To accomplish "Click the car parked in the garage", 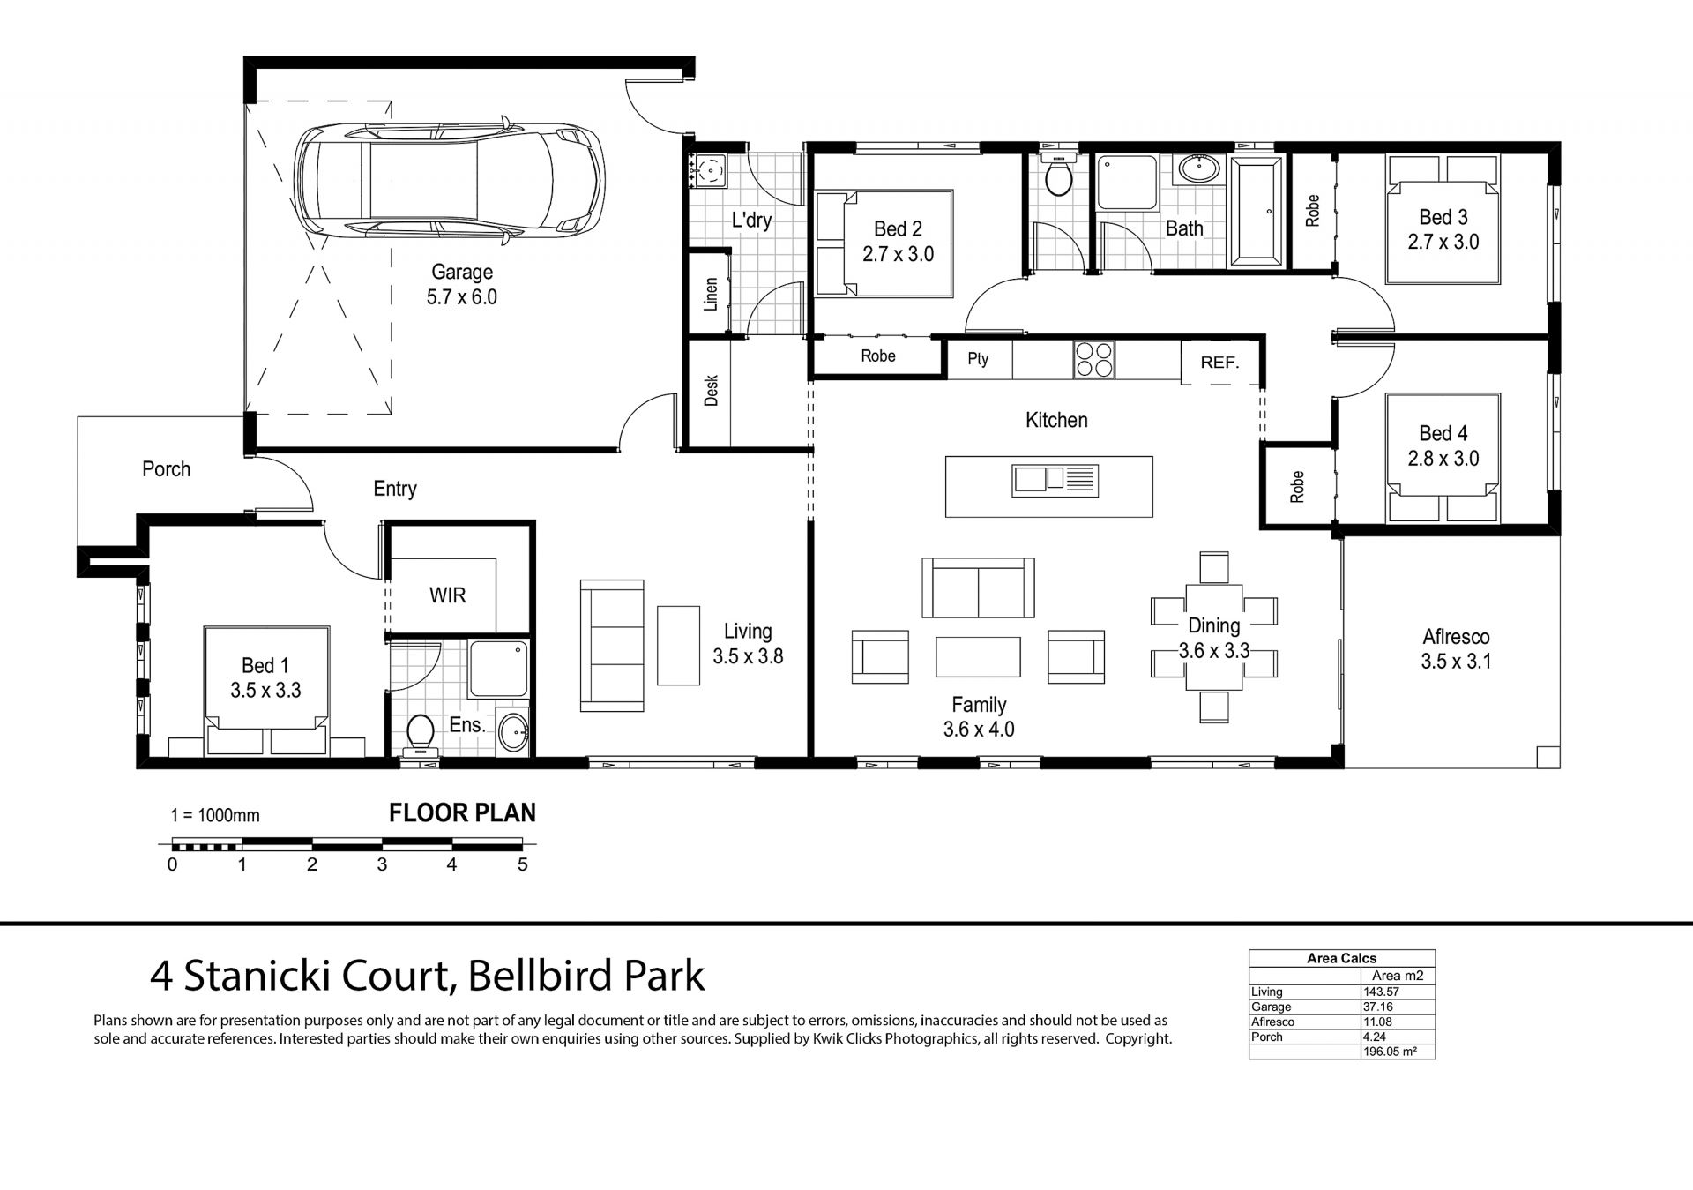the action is (450, 179).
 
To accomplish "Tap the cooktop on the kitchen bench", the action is (1095, 360).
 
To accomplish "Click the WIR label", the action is (447, 595).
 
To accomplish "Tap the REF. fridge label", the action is (1219, 363).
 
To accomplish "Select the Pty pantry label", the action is (978, 359).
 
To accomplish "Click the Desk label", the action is (712, 391).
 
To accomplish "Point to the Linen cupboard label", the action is (711, 295).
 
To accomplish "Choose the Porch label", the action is (166, 469).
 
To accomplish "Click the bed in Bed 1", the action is (266, 691).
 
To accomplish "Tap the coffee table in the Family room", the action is (978, 657).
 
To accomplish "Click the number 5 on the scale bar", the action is (523, 865).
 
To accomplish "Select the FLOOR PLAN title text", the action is (462, 813).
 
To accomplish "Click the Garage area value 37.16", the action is (1378, 1007).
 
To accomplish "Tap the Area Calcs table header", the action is (1341, 958).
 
